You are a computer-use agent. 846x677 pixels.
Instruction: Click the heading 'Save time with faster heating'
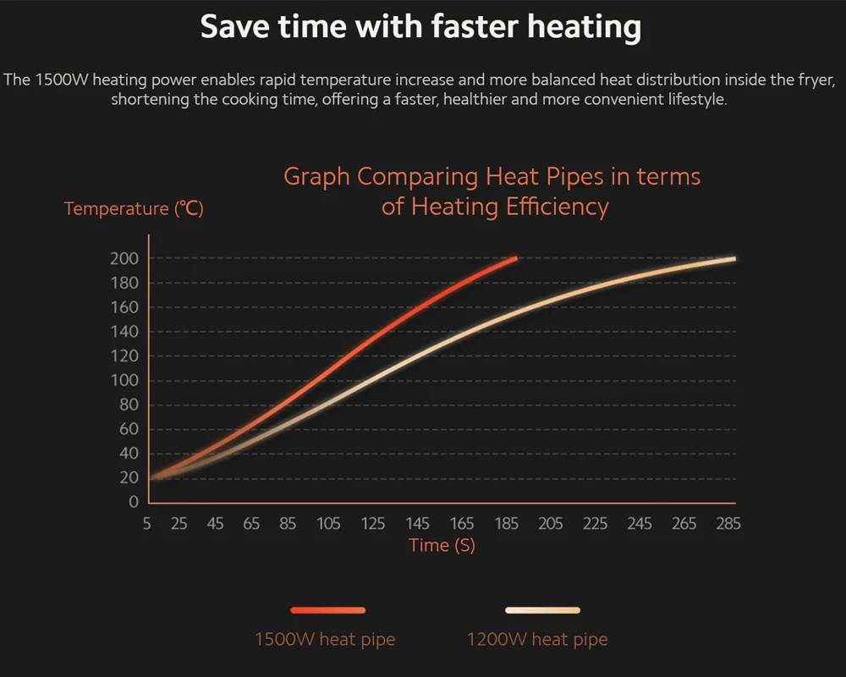coord(420,27)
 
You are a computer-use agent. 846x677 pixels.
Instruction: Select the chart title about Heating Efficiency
coord(493,191)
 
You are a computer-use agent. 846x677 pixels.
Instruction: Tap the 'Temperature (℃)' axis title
coord(134,208)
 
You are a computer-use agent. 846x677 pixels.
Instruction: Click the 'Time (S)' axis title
coord(442,545)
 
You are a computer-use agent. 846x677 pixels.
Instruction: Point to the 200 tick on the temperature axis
coord(124,258)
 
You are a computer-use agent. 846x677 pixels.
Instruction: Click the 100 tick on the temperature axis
coord(124,380)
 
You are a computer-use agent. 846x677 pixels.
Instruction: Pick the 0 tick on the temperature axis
coord(133,502)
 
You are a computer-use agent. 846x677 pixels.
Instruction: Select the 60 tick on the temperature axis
coord(129,429)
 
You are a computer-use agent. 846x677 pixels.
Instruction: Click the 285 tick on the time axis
coord(728,524)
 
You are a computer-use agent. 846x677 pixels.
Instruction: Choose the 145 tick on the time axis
coord(418,524)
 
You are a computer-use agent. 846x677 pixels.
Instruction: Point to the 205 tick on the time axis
coord(551,524)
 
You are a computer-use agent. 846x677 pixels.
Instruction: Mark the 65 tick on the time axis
coord(251,524)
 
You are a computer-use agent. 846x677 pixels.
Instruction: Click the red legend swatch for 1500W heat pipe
coord(328,609)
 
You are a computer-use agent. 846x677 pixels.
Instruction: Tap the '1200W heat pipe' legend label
coord(537,639)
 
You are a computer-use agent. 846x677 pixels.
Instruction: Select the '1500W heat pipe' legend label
coord(325,639)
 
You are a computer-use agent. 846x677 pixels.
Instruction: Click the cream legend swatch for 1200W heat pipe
coord(542,609)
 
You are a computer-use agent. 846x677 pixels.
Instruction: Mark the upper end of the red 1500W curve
coord(515,258)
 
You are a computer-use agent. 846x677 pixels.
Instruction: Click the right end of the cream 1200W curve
coord(733,259)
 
